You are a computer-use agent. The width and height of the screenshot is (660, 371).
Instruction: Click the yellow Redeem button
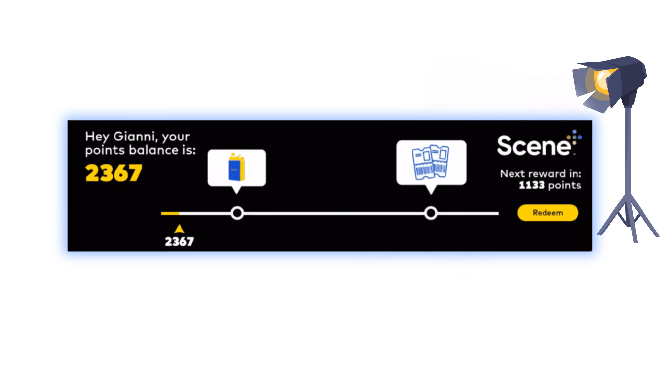[548, 213]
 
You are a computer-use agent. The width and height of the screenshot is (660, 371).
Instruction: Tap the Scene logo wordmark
[534, 146]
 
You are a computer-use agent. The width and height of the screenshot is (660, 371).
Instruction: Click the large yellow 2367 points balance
[114, 173]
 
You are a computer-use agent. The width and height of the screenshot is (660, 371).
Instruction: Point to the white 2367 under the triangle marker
[179, 242]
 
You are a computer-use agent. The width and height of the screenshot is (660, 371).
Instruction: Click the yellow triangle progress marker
[179, 229]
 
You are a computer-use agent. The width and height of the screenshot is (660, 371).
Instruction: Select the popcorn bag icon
[237, 167]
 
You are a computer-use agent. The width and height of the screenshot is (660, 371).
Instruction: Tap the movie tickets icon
[430, 162]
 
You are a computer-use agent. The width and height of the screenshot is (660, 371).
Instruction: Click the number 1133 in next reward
[532, 185]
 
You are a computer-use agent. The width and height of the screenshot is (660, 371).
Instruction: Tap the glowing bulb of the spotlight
[603, 80]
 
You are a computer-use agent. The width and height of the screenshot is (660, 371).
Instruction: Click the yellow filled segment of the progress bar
[170, 213]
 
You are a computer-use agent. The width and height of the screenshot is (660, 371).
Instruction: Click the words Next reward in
[541, 173]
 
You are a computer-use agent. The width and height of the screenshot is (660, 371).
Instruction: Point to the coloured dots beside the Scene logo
[575, 137]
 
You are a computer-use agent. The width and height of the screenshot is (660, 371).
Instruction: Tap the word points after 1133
[565, 186]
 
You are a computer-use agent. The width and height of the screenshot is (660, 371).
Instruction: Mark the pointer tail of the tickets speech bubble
[431, 190]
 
